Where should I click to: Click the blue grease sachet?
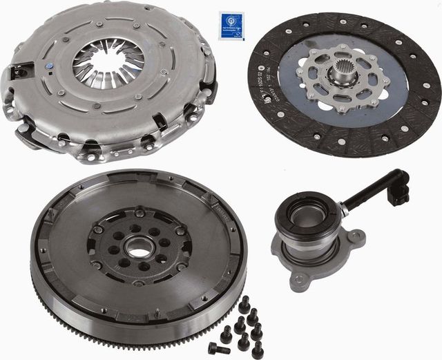point(231,26)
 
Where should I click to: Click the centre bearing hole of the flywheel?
point(140,246)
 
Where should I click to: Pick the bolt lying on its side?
point(219,348)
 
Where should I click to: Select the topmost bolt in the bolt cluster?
point(245,302)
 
